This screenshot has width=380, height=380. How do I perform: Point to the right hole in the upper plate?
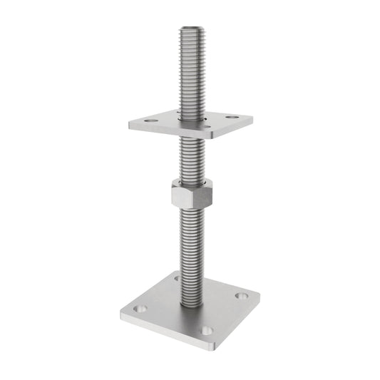(x=232, y=116)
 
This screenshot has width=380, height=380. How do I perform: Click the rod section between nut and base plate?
(x=190, y=250)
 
